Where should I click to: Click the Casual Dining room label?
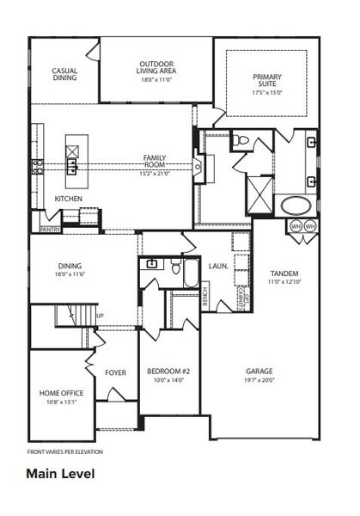click(64, 74)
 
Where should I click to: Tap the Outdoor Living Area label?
click(157, 71)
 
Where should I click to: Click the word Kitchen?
click(69, 199)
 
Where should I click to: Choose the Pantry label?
click(48, 230)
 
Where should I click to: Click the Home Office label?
click(60, 394)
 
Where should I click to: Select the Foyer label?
click(115, 372)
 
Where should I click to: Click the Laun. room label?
click(217, 267)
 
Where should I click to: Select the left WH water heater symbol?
click(296, 226)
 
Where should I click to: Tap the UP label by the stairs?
click(100, 316)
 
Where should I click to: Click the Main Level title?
click(59, 473)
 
